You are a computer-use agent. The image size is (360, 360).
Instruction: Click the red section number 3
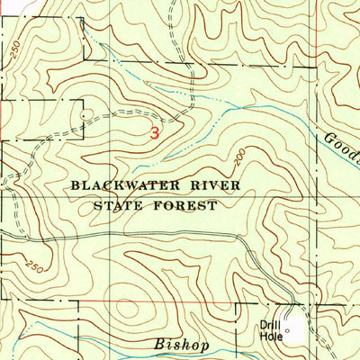(155, 131)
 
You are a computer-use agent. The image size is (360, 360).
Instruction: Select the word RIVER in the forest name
(193, 186)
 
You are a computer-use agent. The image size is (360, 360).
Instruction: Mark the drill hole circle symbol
(287, 334)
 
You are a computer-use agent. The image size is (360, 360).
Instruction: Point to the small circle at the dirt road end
(84, 115)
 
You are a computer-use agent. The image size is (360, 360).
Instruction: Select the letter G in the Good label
(328, 137)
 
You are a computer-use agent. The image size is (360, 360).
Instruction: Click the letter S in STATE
(97, 205)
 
